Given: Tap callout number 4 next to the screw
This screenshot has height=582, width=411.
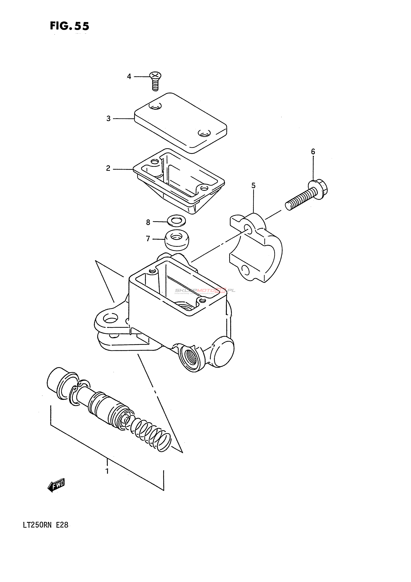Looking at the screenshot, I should (129, 76).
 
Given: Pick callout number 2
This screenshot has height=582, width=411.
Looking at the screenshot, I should (108, 168).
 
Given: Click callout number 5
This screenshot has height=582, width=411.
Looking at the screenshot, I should (253, 185).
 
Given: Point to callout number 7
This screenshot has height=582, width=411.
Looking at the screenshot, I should (148, 239).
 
